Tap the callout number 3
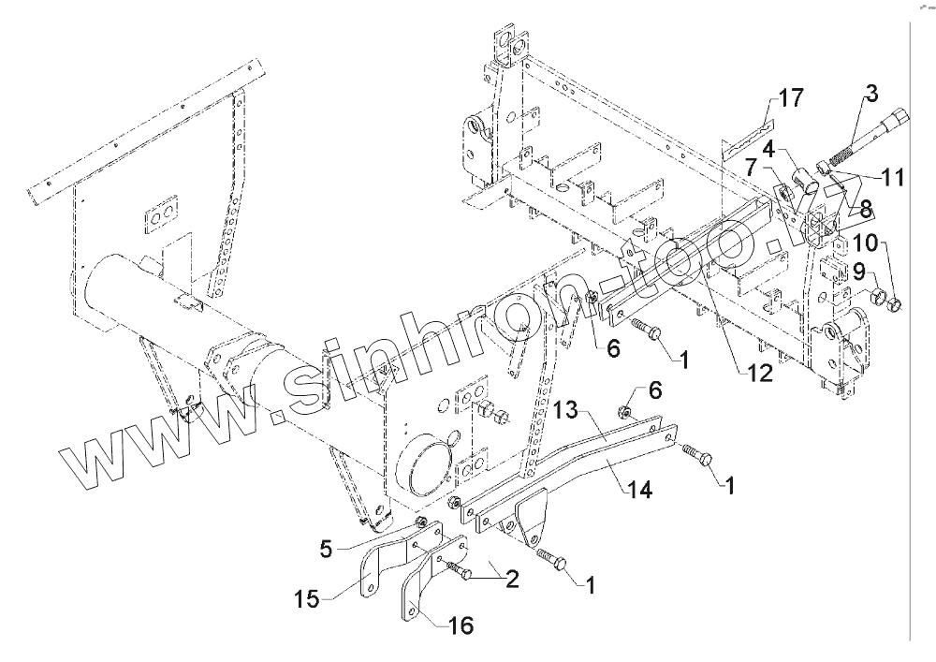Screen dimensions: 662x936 (870, 94)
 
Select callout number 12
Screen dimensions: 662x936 (759, 374)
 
